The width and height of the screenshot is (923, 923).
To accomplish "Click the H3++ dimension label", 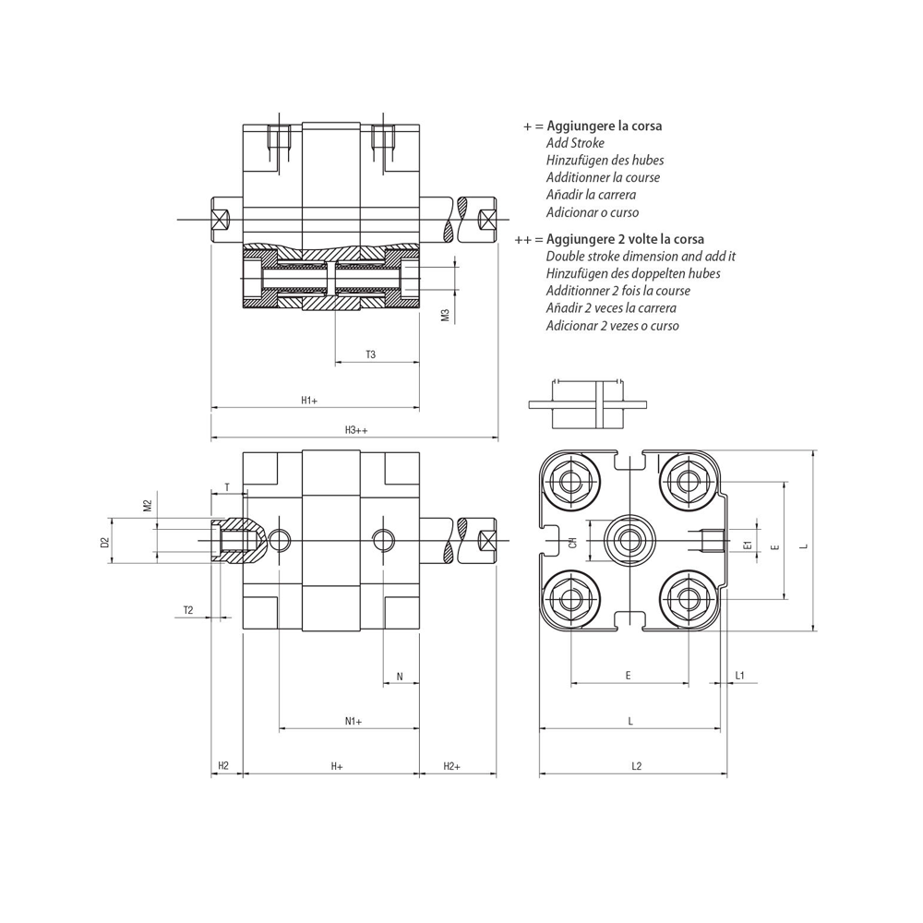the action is point(356,430).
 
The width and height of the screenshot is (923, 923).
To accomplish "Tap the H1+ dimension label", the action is point(309,401).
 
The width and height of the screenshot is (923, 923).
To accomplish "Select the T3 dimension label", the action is point(370,354).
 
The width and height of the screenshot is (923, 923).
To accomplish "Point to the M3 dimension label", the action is point(445,316).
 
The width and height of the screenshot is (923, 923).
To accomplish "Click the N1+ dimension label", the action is point(354,721).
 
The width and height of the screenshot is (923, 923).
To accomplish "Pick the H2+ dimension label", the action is point(451,766).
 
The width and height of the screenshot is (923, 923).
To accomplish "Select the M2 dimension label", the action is point(148,505).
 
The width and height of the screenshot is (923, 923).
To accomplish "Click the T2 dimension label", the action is point(187,610).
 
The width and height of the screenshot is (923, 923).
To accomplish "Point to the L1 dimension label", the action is point(740,676).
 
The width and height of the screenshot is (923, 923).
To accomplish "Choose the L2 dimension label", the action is point(636,766).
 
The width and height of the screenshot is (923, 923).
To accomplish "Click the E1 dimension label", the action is point(749,545).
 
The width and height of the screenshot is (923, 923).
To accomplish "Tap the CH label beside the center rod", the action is point(573,542).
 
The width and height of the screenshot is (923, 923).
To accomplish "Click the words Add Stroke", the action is point(575,143).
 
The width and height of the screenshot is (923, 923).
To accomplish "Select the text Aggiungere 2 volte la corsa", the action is point(625,239).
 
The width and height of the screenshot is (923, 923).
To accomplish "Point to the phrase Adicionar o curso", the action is point(593,212).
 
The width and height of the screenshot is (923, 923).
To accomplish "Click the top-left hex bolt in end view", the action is point(570,482).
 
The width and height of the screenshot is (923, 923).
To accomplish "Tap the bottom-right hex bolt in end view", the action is point(687,599).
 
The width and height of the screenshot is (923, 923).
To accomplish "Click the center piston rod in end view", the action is point(629,540).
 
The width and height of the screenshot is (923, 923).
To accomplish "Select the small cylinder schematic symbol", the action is point(587,404).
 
